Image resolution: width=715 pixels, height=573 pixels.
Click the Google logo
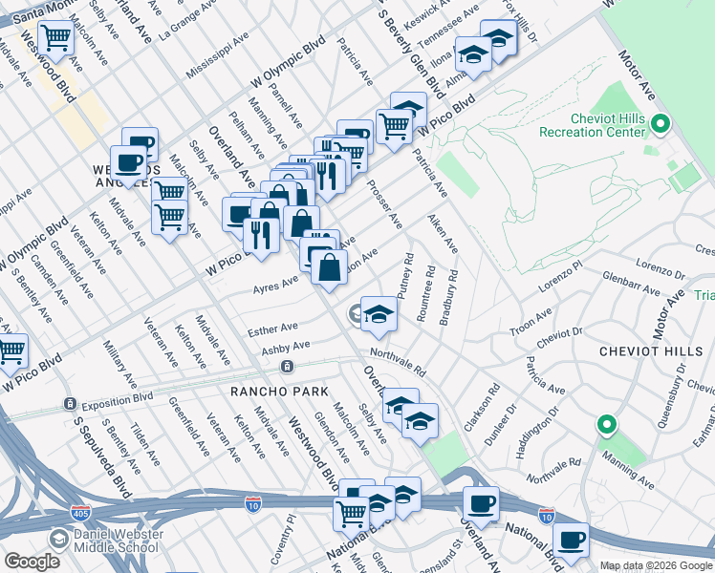[x=33, y=562]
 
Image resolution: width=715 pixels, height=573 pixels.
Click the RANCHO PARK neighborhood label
[x=278, y=392]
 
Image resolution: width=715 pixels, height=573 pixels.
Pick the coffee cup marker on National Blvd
[x=481, y=503]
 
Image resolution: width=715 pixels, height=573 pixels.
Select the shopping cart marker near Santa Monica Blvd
[x=55, y=38]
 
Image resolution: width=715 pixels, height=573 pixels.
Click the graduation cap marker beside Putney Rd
[x=379, y=313]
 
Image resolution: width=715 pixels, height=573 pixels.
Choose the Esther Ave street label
[x=272, y=329]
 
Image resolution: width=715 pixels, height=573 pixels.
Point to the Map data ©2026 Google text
[x=656, y=564]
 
